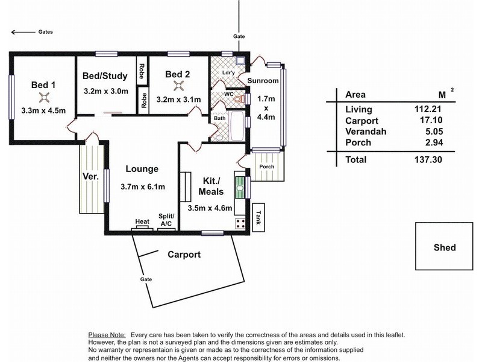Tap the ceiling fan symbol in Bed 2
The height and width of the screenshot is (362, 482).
click(x=178, y=85)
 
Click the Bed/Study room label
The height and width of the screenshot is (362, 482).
click(x=105, y=75)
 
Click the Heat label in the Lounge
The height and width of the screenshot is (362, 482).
click(x=142, y=222)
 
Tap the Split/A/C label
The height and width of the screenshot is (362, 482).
click(x=166, y=220)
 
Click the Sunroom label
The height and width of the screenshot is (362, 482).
click(x=263, y=81)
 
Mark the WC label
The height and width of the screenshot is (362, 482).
click(x=229, y=94)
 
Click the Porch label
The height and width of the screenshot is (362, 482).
click(x=266, y=167)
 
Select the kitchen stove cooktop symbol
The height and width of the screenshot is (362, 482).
click(x=240, y=223)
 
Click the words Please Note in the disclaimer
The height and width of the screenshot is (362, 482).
click(x=107, y=334)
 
